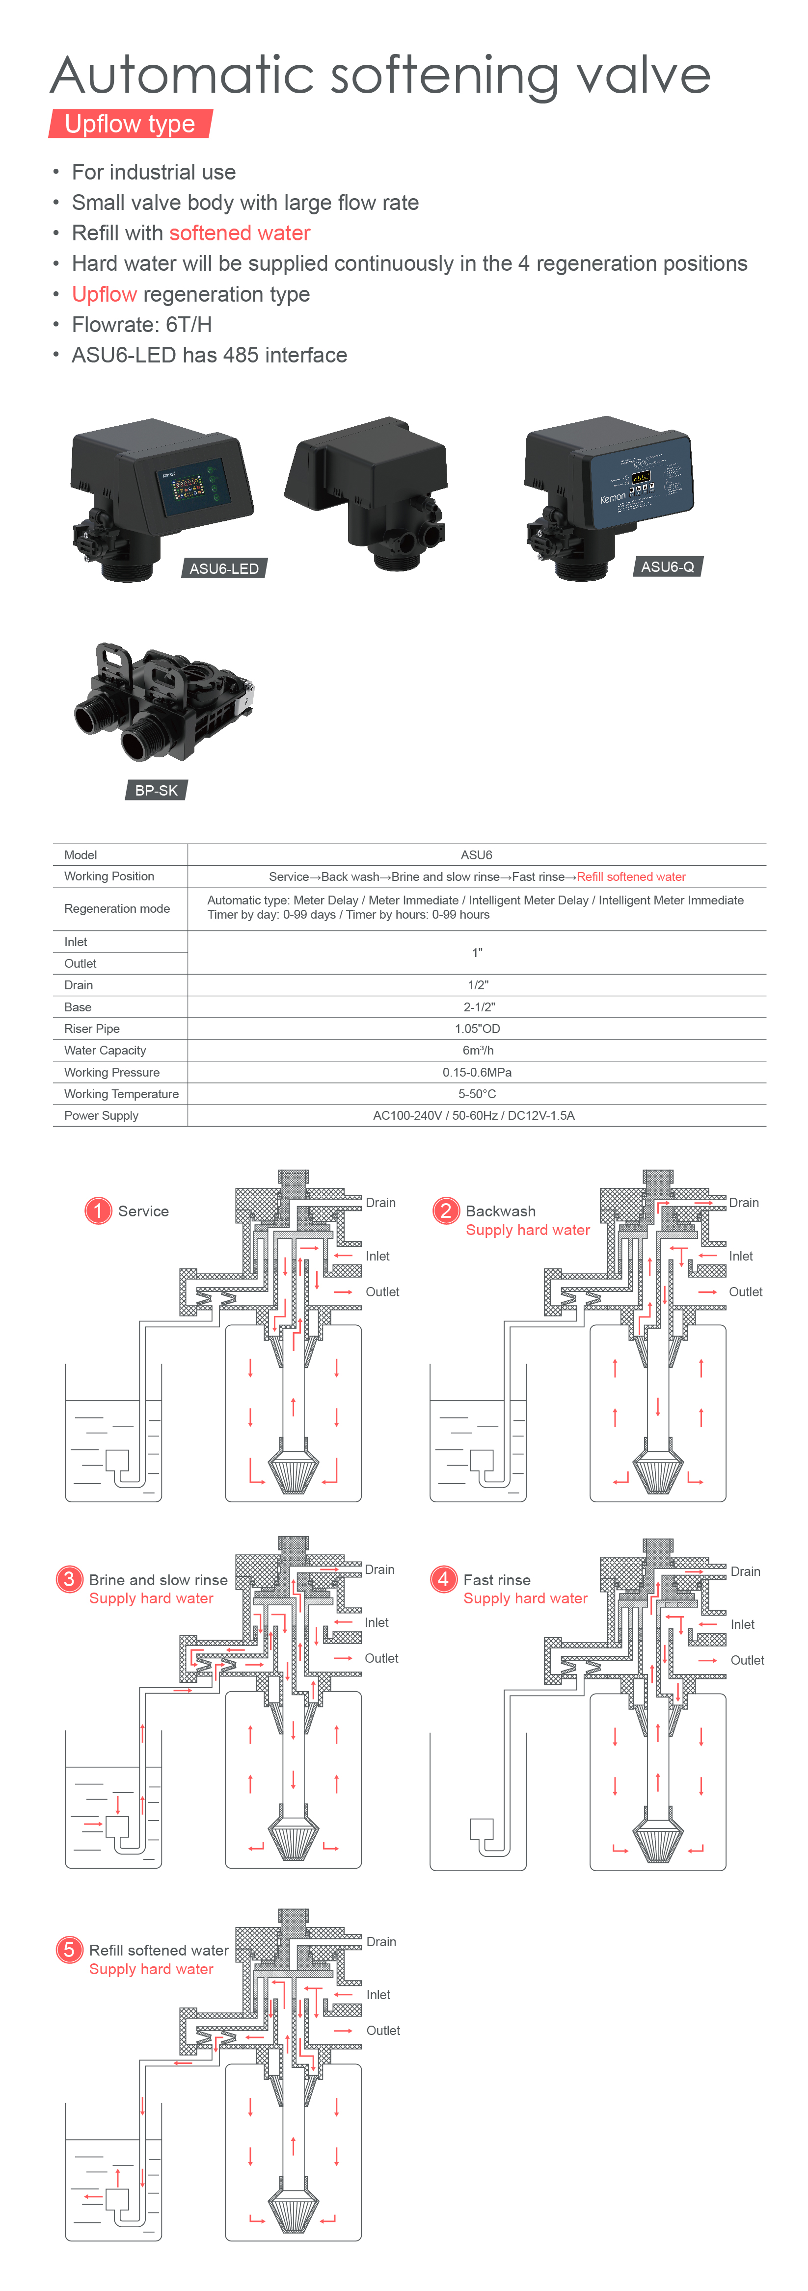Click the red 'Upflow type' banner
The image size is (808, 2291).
point(130,124)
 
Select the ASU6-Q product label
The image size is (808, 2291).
point(668,566)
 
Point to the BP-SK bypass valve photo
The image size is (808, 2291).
point(164,702)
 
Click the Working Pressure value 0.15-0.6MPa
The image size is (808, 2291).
point(477,1072)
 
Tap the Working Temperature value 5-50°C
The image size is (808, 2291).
point(477,1094)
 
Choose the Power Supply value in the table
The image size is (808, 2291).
point(473,1115)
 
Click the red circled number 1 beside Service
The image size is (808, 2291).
point(98,1210)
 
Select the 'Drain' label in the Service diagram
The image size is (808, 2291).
point(381,1203)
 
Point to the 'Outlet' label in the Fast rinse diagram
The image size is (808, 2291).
point(748,1660)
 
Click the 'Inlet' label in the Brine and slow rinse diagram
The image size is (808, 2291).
point(377,1622)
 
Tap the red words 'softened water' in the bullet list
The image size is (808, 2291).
point(240,233)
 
